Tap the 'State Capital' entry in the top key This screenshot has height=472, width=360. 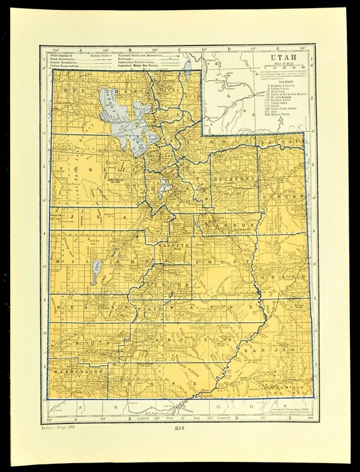(x=64, y=56)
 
